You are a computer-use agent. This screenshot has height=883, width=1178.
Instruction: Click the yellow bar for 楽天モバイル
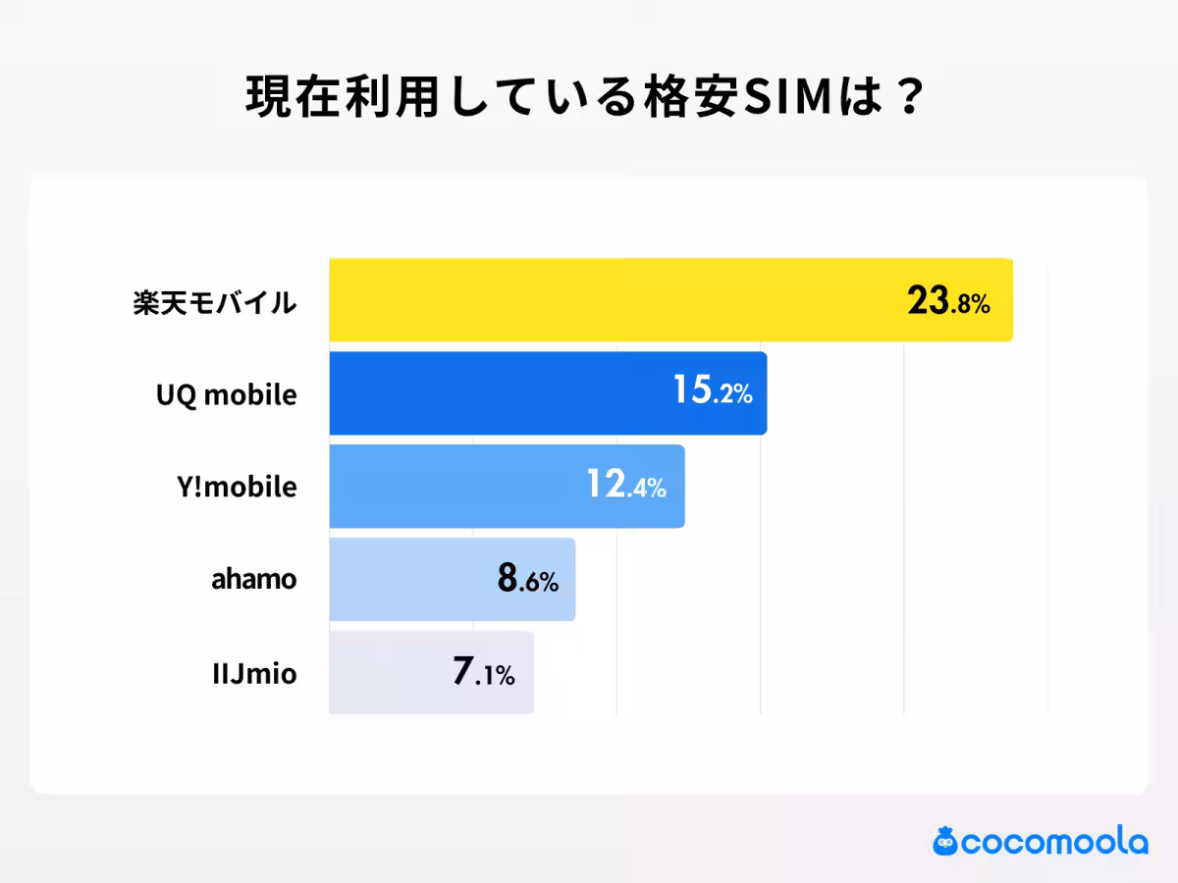pyautogui.click(x=609, y=300)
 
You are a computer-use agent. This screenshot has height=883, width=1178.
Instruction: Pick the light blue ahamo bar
pyautogui.click(x=412, y=580)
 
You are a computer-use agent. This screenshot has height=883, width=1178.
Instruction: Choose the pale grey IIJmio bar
pyautogui.click(x=393, y=673)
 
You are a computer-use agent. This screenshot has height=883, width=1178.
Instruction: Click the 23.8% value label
pyautogui.click(x=948, y=302)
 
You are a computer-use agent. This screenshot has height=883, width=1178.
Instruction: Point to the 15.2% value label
pyautogui.click(x=712, y=392)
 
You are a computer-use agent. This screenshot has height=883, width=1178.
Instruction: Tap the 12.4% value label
pyautogui.click(x=626, y=486)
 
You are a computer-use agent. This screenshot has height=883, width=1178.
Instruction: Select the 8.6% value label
pyautogui.click(x=528, y=579)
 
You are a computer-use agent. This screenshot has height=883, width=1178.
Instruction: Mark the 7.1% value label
pyautogui.click(x=484, y=673)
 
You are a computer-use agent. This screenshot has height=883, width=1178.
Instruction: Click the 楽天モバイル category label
pyautogui.click(x=214, y=302)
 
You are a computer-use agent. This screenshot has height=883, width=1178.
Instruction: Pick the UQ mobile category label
pyautogui.click(x=226, y=394)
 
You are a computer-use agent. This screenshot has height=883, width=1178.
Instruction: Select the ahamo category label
pyautogui.click(x=253, y=580)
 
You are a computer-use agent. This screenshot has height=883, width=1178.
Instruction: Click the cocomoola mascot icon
pyautogui.click(x=945, y=841)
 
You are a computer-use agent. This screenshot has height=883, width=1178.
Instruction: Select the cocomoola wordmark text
pyautogui.click(x=1054, y=842)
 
